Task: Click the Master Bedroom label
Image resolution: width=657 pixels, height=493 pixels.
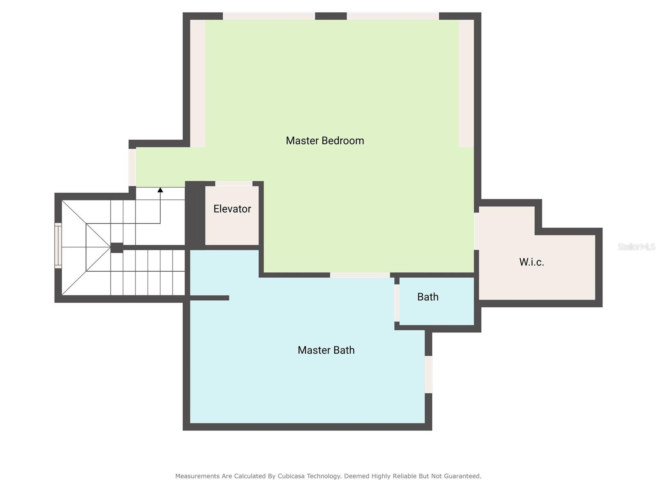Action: pos(325,141)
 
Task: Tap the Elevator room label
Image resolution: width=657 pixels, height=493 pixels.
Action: pos(232,209)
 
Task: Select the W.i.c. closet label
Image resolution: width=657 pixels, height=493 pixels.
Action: pos(531,262)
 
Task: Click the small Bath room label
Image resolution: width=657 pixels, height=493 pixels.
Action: pos(428,297)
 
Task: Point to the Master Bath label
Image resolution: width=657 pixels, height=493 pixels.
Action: pos(326,350)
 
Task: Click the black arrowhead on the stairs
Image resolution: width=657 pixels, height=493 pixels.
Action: pos(160,190)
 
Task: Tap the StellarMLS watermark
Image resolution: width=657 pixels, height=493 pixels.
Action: pos(636,246)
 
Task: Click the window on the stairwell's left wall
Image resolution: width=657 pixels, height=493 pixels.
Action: pos(58,245)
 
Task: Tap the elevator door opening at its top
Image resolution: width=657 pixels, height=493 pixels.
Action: pos(234,184)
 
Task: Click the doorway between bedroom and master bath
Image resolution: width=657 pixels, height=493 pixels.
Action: pos(360,275)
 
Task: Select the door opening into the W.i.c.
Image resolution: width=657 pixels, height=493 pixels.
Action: pos(476,231)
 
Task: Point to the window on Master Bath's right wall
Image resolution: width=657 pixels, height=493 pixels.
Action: pos(428,374)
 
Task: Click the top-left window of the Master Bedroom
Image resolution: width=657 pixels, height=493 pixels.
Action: pos(269,16)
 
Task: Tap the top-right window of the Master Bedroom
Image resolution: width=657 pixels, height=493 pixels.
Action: pos(393,16)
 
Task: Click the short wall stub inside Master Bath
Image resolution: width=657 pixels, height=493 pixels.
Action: pos(209,298)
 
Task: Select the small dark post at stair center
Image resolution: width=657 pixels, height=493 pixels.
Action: pos(117,248)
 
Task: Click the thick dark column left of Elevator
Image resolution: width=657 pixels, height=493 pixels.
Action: pos(195,215)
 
